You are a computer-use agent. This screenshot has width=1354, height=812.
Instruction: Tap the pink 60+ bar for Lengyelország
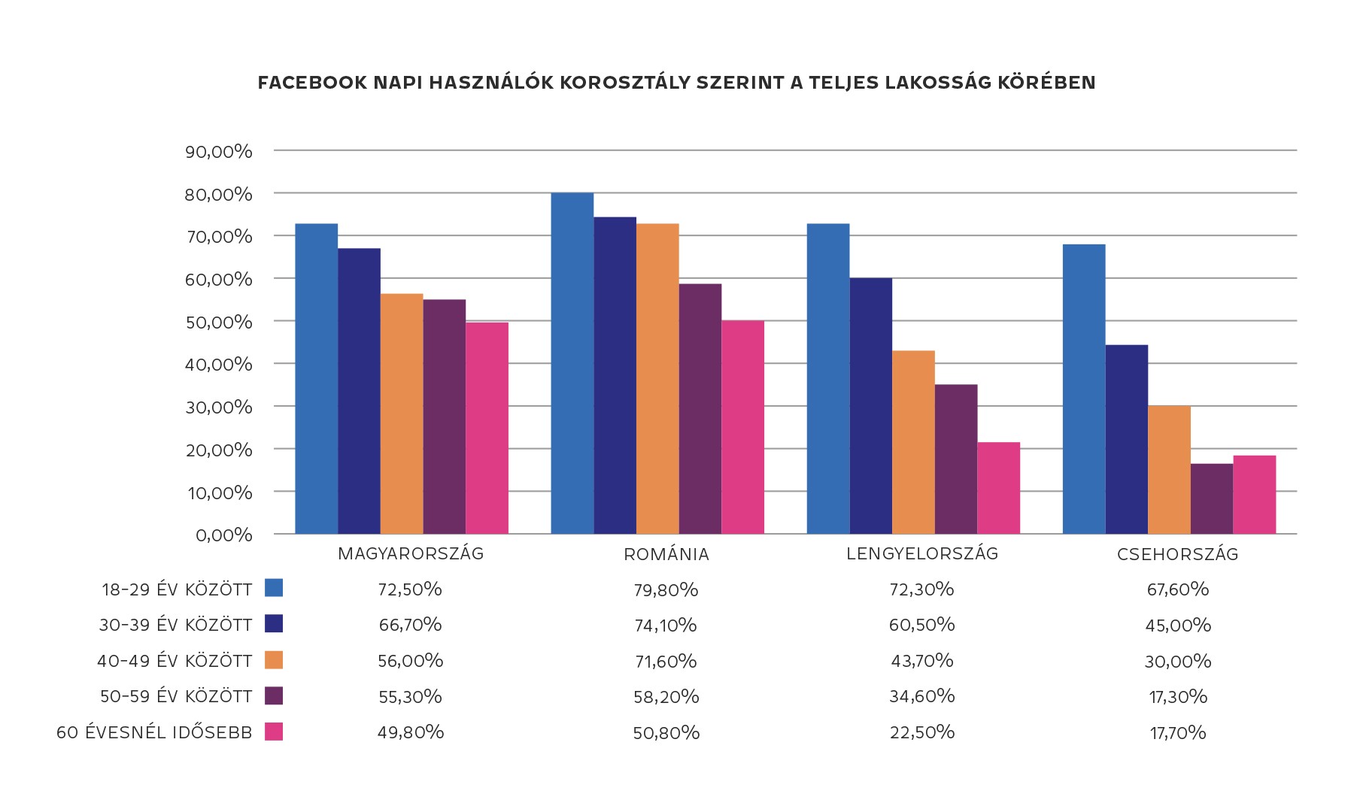tap(998, 488)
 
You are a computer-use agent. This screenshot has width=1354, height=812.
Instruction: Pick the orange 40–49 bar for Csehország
tap(1169, 470)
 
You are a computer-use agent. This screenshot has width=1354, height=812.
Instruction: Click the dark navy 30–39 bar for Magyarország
tap(359, 391)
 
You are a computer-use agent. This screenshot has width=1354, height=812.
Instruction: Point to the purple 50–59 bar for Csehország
tap(1212, 498)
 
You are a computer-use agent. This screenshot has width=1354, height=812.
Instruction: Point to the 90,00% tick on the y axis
tap(218, 151)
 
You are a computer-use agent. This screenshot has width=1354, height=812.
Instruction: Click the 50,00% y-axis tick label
tap(218, 322)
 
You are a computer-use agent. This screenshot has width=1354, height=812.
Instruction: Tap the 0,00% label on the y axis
tap(223, 535)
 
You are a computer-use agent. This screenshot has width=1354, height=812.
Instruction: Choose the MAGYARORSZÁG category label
tap(411, 554)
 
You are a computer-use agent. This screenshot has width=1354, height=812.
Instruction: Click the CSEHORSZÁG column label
tap(1177, 555)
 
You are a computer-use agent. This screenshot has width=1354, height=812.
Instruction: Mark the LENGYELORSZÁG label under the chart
tap(922, 554)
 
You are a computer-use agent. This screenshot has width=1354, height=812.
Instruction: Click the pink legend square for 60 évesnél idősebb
tap(274, 732)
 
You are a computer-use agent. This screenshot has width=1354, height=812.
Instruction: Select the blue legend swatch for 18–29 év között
tap(274, 588)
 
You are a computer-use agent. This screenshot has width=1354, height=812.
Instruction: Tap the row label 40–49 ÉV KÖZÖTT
tap(175, 661)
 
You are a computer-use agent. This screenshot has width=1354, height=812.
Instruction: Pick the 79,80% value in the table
tap(666, 589)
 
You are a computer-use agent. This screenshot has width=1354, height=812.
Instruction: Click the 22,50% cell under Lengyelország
tap(921, 732)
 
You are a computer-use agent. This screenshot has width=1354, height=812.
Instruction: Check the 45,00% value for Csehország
tap(1178, 626)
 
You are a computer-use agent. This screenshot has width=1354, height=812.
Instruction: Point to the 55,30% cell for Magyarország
tap(410, 697)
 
